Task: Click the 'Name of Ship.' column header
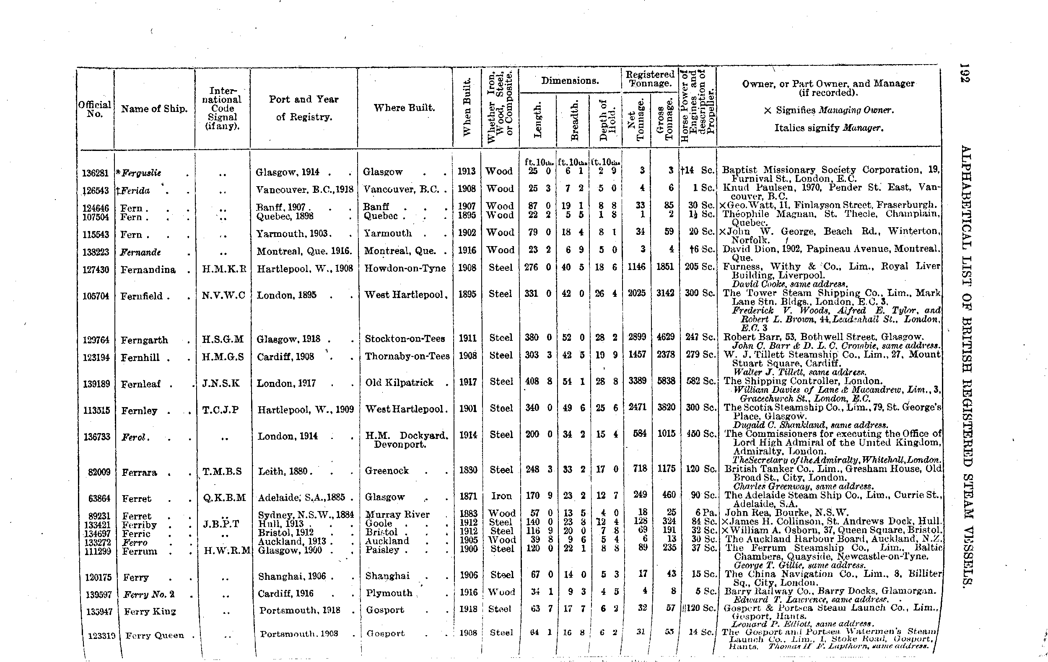154,109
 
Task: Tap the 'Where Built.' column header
404,107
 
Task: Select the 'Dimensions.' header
570,80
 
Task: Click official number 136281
95,173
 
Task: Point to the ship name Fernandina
148,270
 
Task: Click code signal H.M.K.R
224,269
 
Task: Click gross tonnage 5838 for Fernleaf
665,381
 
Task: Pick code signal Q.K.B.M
225,497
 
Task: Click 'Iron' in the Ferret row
501,496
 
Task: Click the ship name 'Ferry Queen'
155,635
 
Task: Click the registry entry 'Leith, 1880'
283,471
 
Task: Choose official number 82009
99,472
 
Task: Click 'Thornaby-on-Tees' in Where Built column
407,356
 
